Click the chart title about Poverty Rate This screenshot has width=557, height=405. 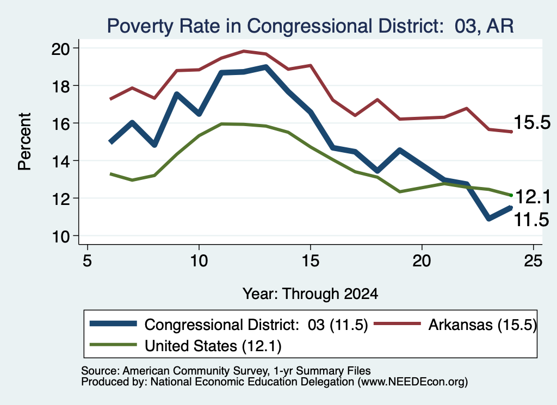(x=310, y=26)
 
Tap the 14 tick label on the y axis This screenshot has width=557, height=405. (x=60, y=161)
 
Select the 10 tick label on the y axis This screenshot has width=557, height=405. (x=60, y=236)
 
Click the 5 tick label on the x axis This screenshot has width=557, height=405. (x=88, y=261)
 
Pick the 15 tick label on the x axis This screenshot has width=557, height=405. (x=311, y=261)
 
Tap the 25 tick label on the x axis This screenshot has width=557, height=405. (x=533, y=261)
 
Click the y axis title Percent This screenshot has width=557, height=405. (x=24, y=142)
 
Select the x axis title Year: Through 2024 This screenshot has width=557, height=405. (x=310, y=294)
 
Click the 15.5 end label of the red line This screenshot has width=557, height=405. (x=532, y=122)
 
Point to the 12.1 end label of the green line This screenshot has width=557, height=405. (x=533, y=197)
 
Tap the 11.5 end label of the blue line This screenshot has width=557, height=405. (x=531, y=220)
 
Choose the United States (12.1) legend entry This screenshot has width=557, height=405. (x=213, y=346)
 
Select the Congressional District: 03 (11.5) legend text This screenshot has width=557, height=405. (x=256, y=325)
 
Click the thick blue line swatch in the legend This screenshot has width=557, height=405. (x=113, y=323)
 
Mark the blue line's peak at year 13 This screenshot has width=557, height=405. (x=265, y=67)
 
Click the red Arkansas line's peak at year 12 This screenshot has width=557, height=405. (x=244, y=51)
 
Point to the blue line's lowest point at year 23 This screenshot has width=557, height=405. (x=489, y=219)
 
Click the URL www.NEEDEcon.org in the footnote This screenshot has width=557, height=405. (x=412, y=382)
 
